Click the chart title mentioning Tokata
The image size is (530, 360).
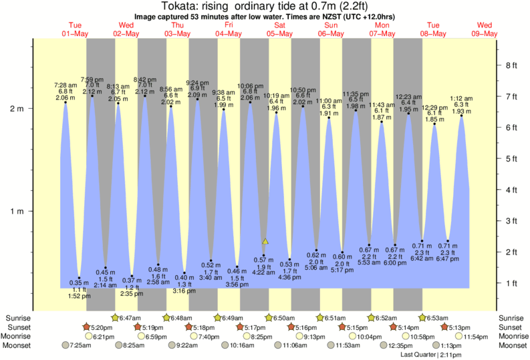265,6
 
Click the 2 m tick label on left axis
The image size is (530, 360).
15,109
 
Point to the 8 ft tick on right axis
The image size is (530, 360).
512,65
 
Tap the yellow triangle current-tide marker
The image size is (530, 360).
265,241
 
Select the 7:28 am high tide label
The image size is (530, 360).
65,85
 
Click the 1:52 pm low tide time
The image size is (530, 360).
79,297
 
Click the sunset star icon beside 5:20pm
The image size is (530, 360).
86,327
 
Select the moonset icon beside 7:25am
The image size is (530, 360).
65,345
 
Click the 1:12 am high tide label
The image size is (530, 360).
462,98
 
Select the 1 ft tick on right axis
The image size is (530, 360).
512,283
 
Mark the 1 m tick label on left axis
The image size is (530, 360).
15,212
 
